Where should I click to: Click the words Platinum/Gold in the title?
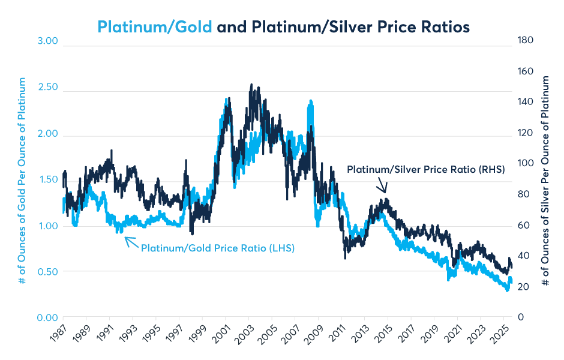coord(155,27)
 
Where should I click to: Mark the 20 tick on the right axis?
coord(523,287)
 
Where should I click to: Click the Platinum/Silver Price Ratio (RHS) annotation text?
coord(426,170)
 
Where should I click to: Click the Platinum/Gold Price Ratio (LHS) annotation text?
coord(218,247)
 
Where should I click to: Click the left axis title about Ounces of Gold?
coord(22,180)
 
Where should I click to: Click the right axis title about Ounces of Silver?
coord(545,180)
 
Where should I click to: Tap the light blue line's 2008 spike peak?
coord(310,102)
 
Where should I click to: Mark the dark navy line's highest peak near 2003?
coord(251,85)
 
